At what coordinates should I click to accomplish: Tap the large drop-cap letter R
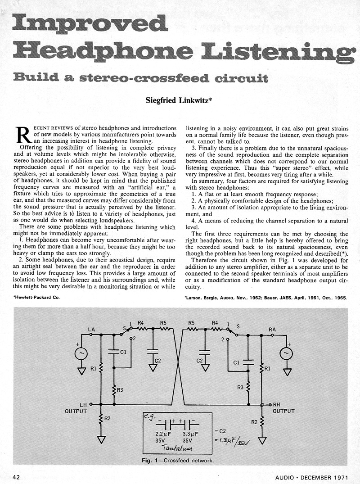[x=21, y=133]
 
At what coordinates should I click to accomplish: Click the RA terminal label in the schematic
[x=272, y=330]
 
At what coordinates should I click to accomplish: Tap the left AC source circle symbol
[x=81, y=353]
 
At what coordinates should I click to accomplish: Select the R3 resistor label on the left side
[x=120, y=390]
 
